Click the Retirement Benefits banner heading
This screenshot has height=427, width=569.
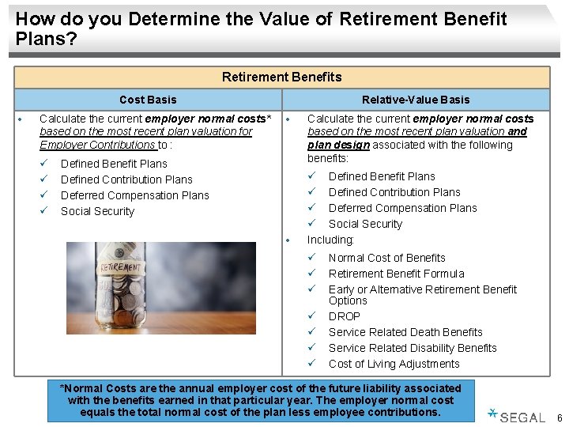[281, 77]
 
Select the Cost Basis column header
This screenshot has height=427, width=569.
[148, 100]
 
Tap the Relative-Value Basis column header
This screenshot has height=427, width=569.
[415, 100]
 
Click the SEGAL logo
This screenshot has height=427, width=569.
[518, 417]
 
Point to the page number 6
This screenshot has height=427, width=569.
[560, 418]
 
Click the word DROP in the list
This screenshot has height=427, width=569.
[345, 316]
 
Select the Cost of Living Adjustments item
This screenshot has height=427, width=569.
[394, 364]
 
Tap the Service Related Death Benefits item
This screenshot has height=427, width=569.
[405, 332]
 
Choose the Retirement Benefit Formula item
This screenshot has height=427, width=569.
[396, 274]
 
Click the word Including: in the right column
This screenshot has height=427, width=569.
[330, 240]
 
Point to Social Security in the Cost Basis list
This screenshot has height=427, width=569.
[97, 211]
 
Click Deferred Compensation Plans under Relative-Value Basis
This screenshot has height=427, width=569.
[402, 208]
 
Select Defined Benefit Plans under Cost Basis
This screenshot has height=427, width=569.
[114, 164]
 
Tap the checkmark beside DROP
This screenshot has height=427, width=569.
[312, 316]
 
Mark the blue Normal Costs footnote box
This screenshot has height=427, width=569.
[261, 400]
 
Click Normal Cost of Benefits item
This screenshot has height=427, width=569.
[386, 258]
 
